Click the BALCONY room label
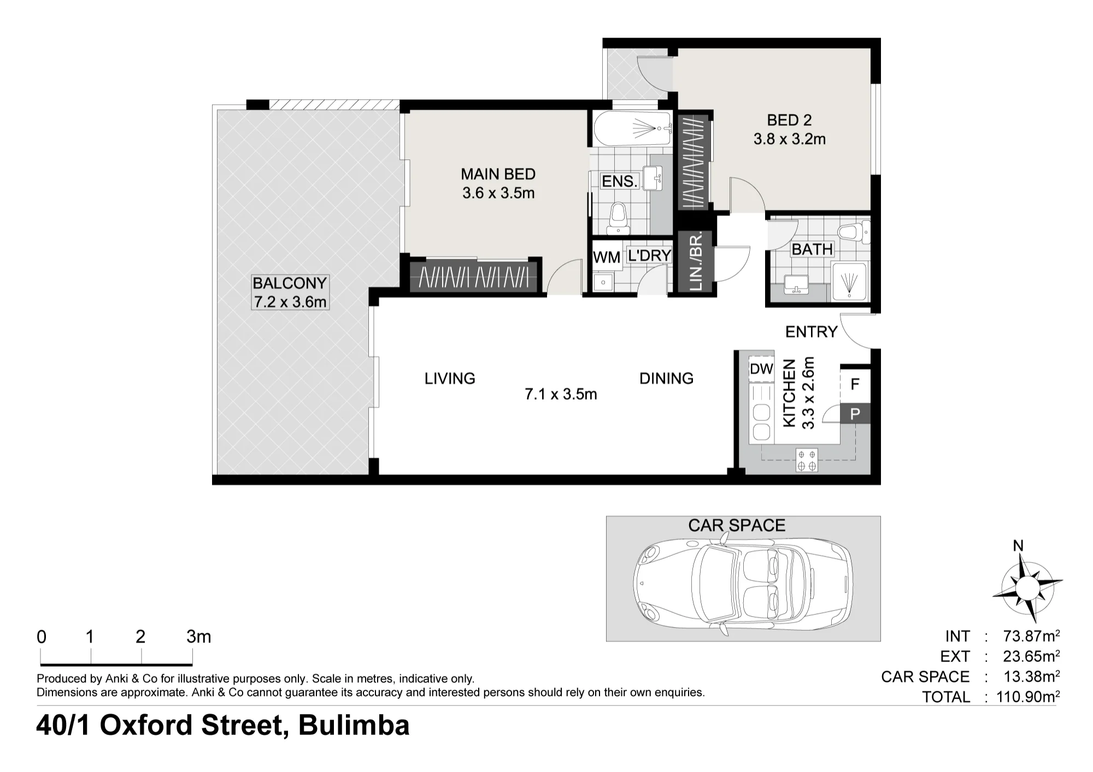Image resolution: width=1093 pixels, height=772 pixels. pyautogui.click(x=290, y=283)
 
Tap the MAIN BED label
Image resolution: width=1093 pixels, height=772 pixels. pyautogui.click(x=498, y=174)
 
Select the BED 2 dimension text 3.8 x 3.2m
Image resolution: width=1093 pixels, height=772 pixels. pyautogui.click(x=789, y=139)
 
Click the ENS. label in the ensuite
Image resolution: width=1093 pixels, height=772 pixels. pyautogui.click(x=620, y=181)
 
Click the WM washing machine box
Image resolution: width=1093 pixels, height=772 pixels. pyautogui.click(x=607, y=258)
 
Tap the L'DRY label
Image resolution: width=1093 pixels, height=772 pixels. pyautogui.click(x=649, y=256)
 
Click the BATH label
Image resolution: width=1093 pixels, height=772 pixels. pyautogui.click(x=812, y=250)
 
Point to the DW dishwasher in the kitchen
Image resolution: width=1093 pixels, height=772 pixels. pyautogui.click(x=761, y=369)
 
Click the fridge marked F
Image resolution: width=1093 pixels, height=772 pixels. pyautogui.click(x=855, y=384)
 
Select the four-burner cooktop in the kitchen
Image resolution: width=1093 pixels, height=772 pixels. pyautogui.click(x=807, y=460)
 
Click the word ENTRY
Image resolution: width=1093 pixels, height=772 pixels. pyautogui.click(x=811, y=332)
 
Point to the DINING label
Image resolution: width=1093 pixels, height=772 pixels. pyautogui.click(x=666, y=378)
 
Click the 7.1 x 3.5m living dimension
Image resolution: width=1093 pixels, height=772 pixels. pyautogui.click(x=561, y=394)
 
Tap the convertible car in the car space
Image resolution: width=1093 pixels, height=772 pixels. pyautogui.click(x=743, y=584)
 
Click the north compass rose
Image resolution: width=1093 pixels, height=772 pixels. pyautogui.click(x=1026, y=587)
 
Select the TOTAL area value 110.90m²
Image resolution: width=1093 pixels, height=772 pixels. pyautogui.click(x=1023, y=697)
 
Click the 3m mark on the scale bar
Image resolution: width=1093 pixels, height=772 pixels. pyautogui.click(x=198, y=637)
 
